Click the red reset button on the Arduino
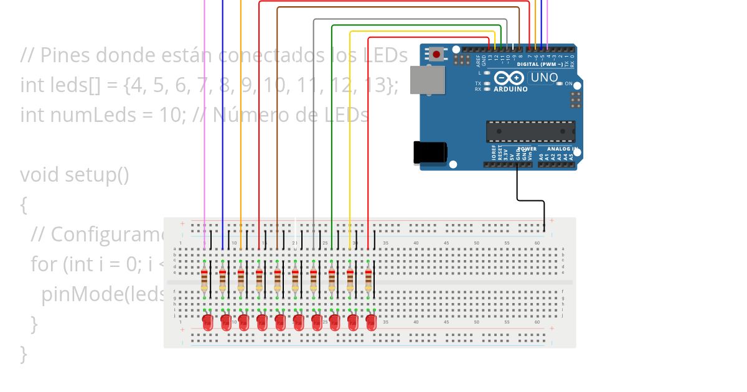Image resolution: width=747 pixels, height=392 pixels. point(436,54)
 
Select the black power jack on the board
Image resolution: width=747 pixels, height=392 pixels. point(430,152)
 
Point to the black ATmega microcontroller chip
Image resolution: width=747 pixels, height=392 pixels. point(530,131)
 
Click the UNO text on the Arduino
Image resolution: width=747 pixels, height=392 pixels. point(543,78)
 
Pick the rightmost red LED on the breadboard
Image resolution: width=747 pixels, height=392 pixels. point(371,322)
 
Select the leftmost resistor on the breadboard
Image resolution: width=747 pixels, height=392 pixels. point(204,280)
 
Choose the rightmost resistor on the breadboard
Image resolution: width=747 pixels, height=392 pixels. point(369,280)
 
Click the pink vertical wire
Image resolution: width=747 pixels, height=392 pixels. point(204,124)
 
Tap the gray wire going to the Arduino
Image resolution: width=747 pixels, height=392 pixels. point(314,124)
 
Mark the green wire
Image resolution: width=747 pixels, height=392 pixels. point(332,124)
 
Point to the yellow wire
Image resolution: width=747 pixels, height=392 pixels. point(350,124)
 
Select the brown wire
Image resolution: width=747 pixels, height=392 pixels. point(277,124)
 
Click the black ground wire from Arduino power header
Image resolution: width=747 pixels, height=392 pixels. point(530,200)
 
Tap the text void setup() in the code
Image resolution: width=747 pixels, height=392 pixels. point(74,175)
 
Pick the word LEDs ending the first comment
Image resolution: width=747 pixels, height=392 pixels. point(385,55)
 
